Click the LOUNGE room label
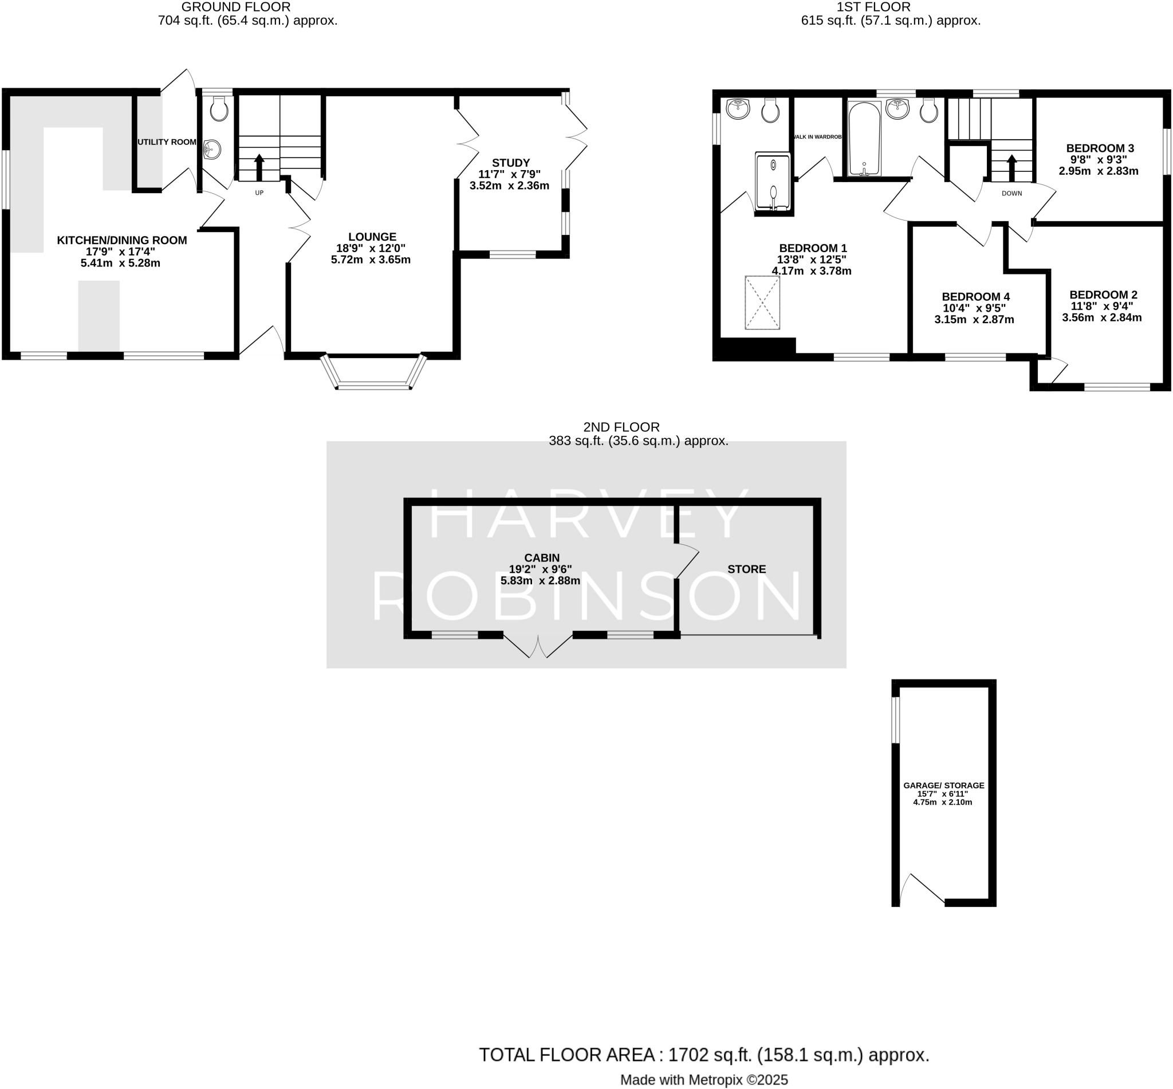point(372,237)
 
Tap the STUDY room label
point(511,163)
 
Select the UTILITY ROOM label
point(167,142)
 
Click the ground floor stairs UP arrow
point(259,167)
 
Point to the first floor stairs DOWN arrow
point(1011,167)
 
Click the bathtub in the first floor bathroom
point(864,139)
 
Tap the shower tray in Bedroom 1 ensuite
point(773,182)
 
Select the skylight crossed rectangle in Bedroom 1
point(762,302)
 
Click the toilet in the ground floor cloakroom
point(219,109)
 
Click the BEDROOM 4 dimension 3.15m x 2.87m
point(974,320)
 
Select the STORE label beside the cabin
point(746,569)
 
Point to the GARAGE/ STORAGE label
point(943,785)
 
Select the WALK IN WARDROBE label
point(818,137)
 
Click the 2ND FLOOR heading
point(621,427)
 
